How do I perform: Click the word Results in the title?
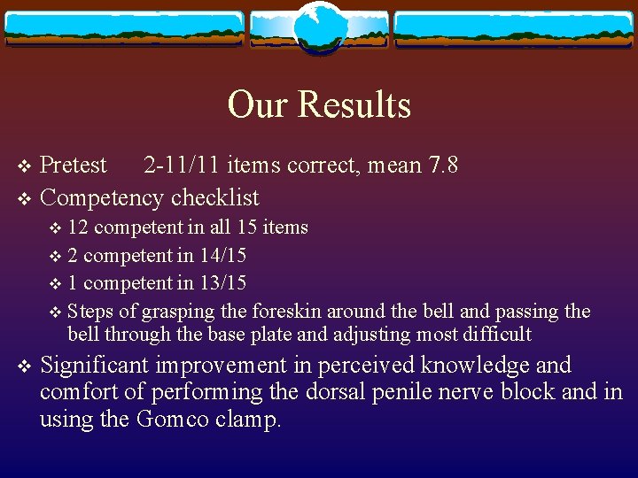point(354,104)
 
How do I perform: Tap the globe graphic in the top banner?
point(318,27)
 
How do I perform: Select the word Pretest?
point(74,166)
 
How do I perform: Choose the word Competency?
point(104,197)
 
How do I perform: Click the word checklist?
point(216,197)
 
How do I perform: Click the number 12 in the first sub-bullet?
point(78,227)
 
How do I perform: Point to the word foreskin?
point(288,312)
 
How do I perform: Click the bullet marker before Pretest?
point(25,166)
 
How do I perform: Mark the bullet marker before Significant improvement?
point(25,366)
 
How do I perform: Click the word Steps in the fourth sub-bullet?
point(90,312)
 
